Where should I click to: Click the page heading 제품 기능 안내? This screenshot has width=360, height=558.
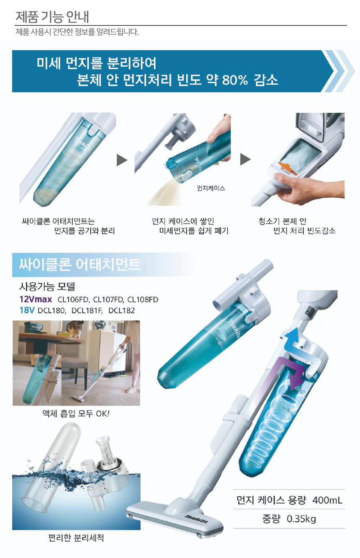pos(52,16)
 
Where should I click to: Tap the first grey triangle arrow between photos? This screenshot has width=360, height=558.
pos(122,160)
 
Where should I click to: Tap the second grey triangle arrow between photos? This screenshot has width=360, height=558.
pos(245,159)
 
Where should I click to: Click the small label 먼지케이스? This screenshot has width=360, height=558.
pos(211,189)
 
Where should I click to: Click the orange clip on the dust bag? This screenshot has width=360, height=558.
pos(286,168)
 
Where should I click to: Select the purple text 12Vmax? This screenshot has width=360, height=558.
pos(36,299)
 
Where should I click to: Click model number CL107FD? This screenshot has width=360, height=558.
pos(108,300)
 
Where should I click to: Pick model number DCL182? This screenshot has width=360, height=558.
pos(122,311)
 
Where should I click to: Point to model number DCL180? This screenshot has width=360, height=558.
pos(51,311)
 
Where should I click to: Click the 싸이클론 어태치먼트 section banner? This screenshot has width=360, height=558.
pos(102,265)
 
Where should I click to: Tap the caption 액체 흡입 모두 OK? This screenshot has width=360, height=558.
pos(76,414)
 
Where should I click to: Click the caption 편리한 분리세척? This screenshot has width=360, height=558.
pos(76,537)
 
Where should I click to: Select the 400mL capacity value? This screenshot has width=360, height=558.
pos(327,500)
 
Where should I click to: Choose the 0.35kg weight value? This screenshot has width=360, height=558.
pos(301,519)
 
